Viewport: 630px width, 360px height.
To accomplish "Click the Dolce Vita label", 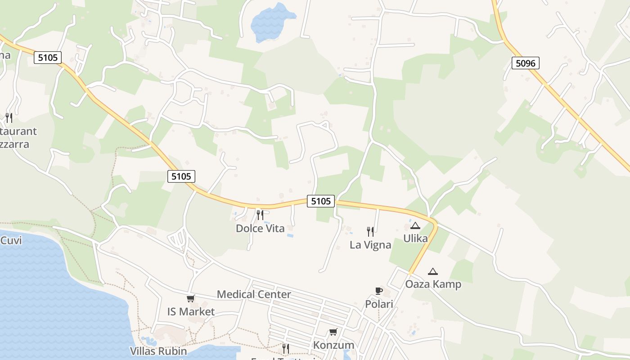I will click(x=260, y=229).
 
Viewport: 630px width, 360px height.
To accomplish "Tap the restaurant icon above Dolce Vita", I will click(x=260, y=215).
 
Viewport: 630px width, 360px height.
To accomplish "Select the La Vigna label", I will click(x=370, y=245).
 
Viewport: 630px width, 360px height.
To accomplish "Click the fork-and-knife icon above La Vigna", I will click(x=370, y=231).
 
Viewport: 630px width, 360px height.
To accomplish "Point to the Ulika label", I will click(x=415, y=238).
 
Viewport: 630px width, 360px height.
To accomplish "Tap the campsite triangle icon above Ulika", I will click(x=415, y=225).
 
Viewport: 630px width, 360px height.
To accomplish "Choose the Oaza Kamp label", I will click(x=433, y=284).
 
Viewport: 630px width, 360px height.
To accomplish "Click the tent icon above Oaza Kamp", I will click(x=433, y=271).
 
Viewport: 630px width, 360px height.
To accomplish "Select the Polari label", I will click(x=379, y=304).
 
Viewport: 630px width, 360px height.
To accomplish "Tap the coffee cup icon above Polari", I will click(x=379, y=291).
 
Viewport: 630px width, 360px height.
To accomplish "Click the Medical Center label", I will click(x=254, y=294).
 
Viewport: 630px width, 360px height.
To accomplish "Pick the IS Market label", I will click(x=191, y=311).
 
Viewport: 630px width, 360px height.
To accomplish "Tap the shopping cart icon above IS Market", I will click(x=191, y=298).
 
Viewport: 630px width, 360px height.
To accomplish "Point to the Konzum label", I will click(x=333, y=345).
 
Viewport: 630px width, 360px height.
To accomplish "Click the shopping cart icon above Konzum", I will click(x=333, y=332).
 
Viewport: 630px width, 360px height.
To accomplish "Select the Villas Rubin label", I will click(x=158, y=351).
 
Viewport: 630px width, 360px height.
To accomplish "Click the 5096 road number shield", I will click(x=525, y=63).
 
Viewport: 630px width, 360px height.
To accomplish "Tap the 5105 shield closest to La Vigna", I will click(x=321, y=201).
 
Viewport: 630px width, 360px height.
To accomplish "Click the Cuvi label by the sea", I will click(x=11, y=240).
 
